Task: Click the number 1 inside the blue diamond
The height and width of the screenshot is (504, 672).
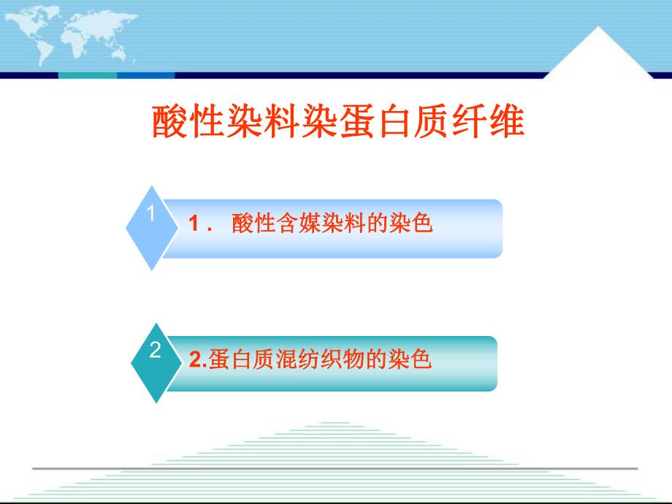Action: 151,215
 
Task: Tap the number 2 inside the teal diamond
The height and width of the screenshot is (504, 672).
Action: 154,351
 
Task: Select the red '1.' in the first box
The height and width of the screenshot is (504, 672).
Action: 199,224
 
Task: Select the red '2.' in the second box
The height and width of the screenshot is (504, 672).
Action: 198,360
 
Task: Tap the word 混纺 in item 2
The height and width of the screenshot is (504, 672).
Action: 294,360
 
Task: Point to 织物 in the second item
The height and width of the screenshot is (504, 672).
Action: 337,360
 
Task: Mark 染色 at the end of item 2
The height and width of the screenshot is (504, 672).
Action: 414,360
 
